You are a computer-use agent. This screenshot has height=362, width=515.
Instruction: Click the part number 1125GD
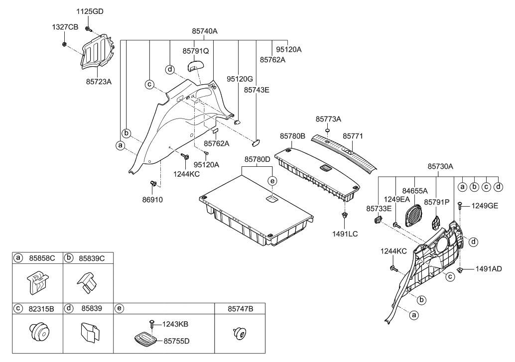tap(90, 11)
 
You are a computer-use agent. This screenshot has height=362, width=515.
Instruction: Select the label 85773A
tap(328, 119)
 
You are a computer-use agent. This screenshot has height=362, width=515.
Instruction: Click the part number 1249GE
tap(485, 205)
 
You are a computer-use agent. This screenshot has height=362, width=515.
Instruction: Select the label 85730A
tap(441, 167)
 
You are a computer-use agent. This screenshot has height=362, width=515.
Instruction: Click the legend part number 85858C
tap(43, 258)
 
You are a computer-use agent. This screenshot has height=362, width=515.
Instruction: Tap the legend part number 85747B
tap(241, 309)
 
